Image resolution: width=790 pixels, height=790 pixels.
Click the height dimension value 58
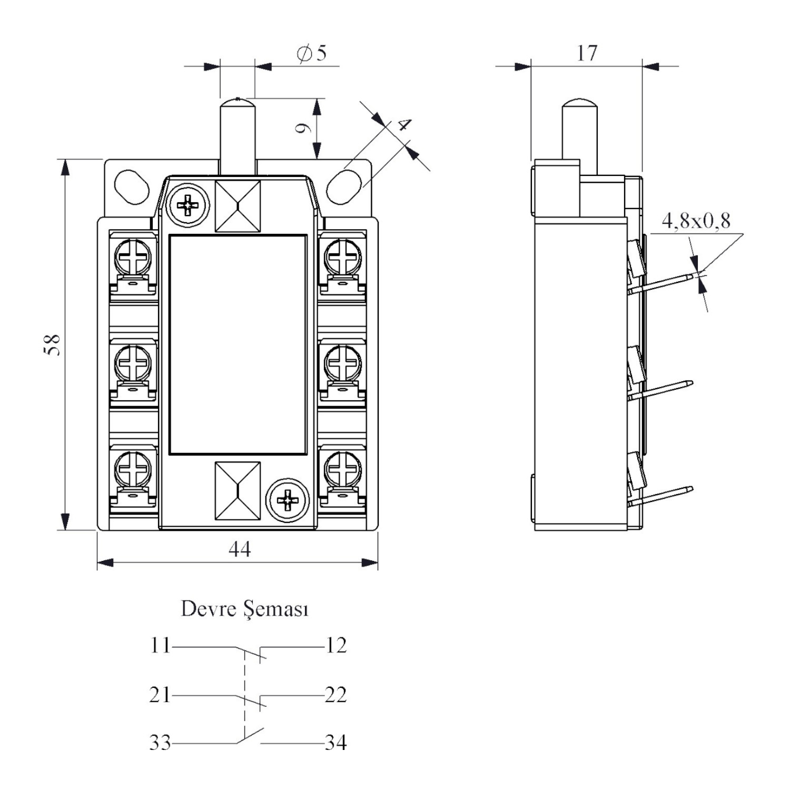click(53, 345)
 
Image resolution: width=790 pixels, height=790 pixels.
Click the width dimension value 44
click(240, 549)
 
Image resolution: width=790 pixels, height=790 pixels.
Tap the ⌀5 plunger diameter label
click(311, 53)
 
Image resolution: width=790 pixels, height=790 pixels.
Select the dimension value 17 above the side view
click(587, 53)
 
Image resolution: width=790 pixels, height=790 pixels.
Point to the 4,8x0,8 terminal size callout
click(696, 221)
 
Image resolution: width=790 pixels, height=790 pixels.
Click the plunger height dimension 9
click(302, 129)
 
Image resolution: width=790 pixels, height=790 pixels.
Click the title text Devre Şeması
click(244, 609)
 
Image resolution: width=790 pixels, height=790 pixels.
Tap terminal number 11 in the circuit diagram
click(160, 645)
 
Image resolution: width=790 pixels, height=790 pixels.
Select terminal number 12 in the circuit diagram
click(336, 645)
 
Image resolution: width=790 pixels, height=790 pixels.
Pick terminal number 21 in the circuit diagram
click(160, 695)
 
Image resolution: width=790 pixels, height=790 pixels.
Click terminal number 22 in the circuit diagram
click(336, 695)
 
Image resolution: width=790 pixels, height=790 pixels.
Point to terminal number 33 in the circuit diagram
click(160, 743)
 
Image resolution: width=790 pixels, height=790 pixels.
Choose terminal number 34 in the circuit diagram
click(336, 743)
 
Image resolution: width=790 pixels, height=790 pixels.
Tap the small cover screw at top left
click(187, 205)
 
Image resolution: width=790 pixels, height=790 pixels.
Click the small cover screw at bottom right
click(288, 499)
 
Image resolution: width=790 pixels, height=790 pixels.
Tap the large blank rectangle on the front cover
click(238, 344)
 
